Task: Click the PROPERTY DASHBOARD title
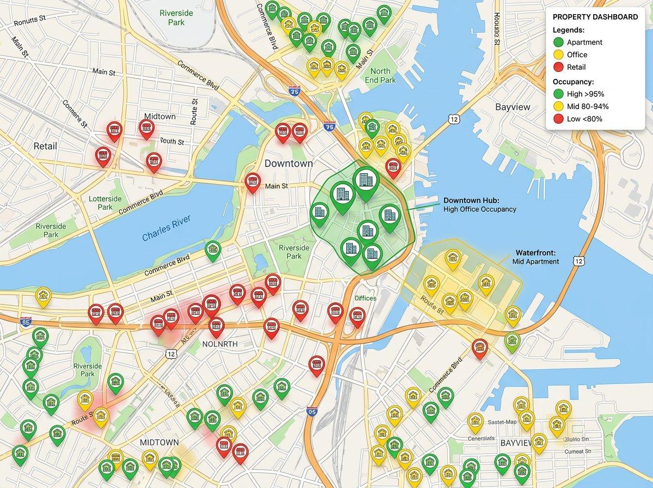pyautogui.click(x=595, y=17)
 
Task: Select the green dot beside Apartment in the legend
pyautogui.click(x=558, y=42)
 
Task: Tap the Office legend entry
pyautogui.click(x=577, y=54)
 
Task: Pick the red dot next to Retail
pyautogui.click(x=558, y=67)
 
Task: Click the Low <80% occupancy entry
pyautogui.click(x=584, y=119)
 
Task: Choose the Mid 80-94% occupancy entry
pyautogui.click(x=588, y=106)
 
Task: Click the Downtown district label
pyautogui.click(x=288, y=163)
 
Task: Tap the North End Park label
pyautogui.click(x=380, y=76)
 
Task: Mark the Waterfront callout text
pyautogui.click(x=535, y=257)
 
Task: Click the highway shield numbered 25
pyautogui.click(x=294, y=91)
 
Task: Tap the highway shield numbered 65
pyautogui.click(x=25, y=322)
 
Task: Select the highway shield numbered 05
pyautogui.click(x=312, y=412)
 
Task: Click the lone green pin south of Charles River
pyautogui.click(x=213, y=250)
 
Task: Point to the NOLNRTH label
pyautogui.click(x=220, y=344)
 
